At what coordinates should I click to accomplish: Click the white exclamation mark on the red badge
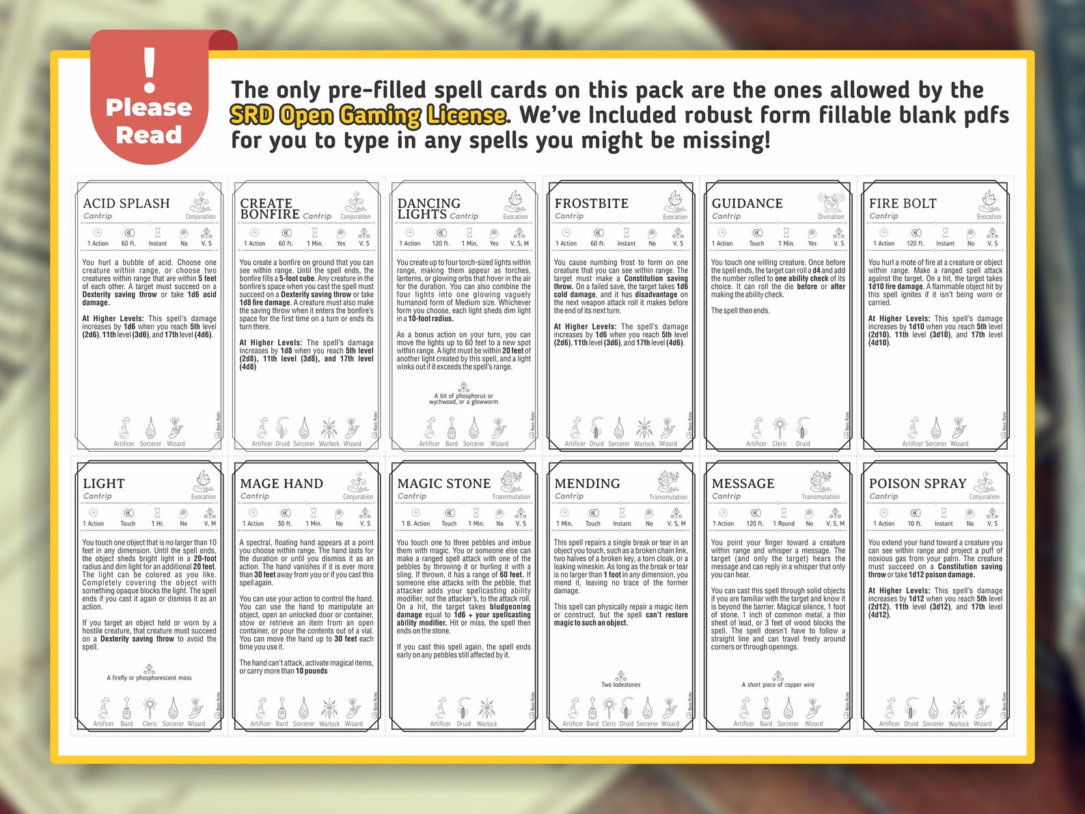coord(150,70)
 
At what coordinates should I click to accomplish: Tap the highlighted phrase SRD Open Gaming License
coord(368,116)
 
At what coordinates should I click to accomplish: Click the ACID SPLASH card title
coord(126,203)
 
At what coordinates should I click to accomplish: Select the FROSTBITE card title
coord(591,203)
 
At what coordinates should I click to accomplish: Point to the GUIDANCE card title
coord(747,203)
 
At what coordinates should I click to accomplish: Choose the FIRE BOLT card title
coord(903,203)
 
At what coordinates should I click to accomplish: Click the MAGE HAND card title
coord(281,483)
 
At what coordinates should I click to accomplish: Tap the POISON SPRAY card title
coord(918,483)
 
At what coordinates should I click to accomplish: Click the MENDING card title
coord(587,483)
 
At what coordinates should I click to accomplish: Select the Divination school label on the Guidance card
coord(831,217)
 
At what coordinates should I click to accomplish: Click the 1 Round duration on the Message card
coord(784,524)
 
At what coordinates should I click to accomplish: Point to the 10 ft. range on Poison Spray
coord(914,524)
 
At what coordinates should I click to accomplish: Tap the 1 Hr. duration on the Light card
coord(157,524)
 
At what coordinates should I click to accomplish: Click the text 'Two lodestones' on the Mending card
coord(620,684)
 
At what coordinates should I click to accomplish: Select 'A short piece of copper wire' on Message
coord(778,684)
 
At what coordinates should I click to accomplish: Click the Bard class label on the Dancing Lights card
coord(452,444)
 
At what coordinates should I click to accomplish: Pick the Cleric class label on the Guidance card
coord(780,444)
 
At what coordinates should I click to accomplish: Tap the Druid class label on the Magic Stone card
coord(464,724)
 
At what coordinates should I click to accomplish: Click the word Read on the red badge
coord(149,135)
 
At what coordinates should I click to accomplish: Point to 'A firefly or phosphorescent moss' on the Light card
coord(149,678)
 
